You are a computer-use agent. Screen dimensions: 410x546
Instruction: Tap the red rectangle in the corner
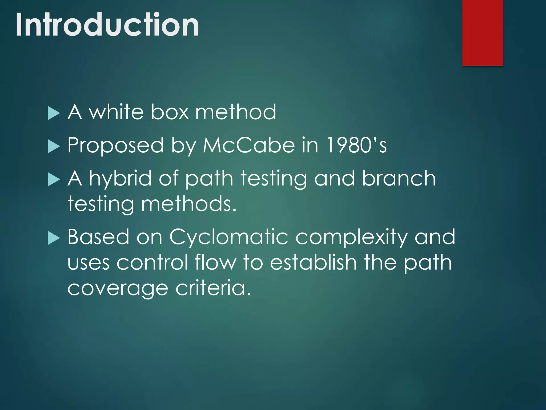pyautogui.click(x=483, y=33)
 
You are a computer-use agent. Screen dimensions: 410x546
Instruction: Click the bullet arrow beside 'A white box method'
pyautogui.click(x=54, y=113)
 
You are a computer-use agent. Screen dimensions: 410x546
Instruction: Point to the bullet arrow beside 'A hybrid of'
pyautogui.click(x=54, y=179)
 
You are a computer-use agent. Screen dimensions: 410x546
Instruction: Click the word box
pyautogui.click(x=170, y=112)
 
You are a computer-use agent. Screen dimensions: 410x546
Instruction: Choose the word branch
pyautogui.click(x=399, y=178)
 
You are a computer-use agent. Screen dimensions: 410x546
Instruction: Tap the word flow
pyautogui.click(x=215, y=262)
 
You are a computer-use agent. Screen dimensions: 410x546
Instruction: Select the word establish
pyautogui.click(x=313, y=262)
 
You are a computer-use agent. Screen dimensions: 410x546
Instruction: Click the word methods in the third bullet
pyautogui.click(x=188, y=204)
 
